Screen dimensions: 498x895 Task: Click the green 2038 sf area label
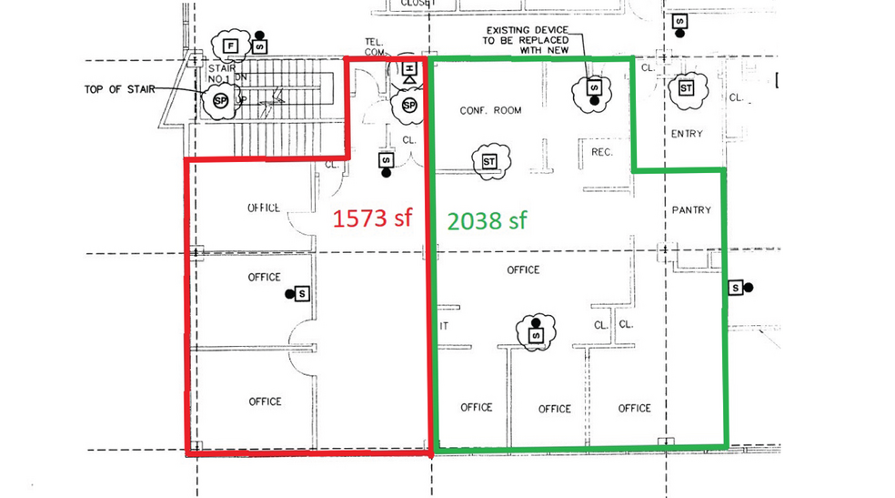[x=489, y=219]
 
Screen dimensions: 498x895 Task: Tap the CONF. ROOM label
[x=490, y=110]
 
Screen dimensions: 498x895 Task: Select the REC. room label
[x=602, y=152]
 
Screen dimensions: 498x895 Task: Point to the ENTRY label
[x=687, y=134]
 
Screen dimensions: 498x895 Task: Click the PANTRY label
[x=690, y=209]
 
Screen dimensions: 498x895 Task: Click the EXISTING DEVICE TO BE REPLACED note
[x=527, y=40]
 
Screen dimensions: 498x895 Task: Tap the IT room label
[x=444, y=325]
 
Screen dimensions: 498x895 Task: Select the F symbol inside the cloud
[x=231, y=45]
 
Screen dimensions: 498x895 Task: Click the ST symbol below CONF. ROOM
[x=489, y=161]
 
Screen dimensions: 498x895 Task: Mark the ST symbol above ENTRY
[x=686, y=88]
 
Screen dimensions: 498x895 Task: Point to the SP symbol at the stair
[x=219, y=100]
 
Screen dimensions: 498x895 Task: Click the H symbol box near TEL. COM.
[x=409, y=69]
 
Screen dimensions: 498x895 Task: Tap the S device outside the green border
[x=735, y=288]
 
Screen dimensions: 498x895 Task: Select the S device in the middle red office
[x=302, y=294]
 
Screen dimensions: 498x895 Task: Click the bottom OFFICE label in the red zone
[x=264, y=401]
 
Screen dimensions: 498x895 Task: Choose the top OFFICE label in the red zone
[x=264, y=208]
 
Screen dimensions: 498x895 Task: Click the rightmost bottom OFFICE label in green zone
[x=634, y=408]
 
